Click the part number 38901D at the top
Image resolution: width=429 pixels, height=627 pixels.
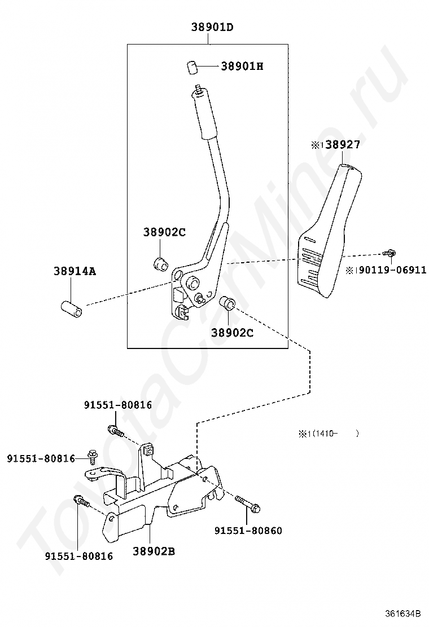pyautogui.click(x=212, y=27)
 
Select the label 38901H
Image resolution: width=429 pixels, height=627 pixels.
pyautogui.click(x=242, y=66)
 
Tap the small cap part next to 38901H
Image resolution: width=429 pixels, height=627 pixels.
pyautogui.click(x=192, y=67)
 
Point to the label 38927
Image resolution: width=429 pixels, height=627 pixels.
pyautogui.click(x=343, y=144)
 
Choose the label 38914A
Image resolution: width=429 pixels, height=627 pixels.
pyautogui.click(x=75, y=271)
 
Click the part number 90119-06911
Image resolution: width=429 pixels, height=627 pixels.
pyautogui.click(x=392, y=270)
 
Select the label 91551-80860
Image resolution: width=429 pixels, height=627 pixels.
pyautogui.click(x=248, y=531)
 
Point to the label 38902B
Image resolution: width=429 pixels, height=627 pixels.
pyautogui.click(x=154, y=551)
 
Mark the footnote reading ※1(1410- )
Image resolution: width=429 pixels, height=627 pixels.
pyautogui.click(x=328, y=434)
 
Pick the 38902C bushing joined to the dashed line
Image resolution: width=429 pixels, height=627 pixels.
pyautogui.click(x=227, y=303)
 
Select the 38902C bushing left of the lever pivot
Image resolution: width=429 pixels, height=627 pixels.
pyautogui.click(x=161, y=263)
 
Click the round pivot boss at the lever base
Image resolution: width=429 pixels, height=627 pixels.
pyautogui.click(x=192, y=281)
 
